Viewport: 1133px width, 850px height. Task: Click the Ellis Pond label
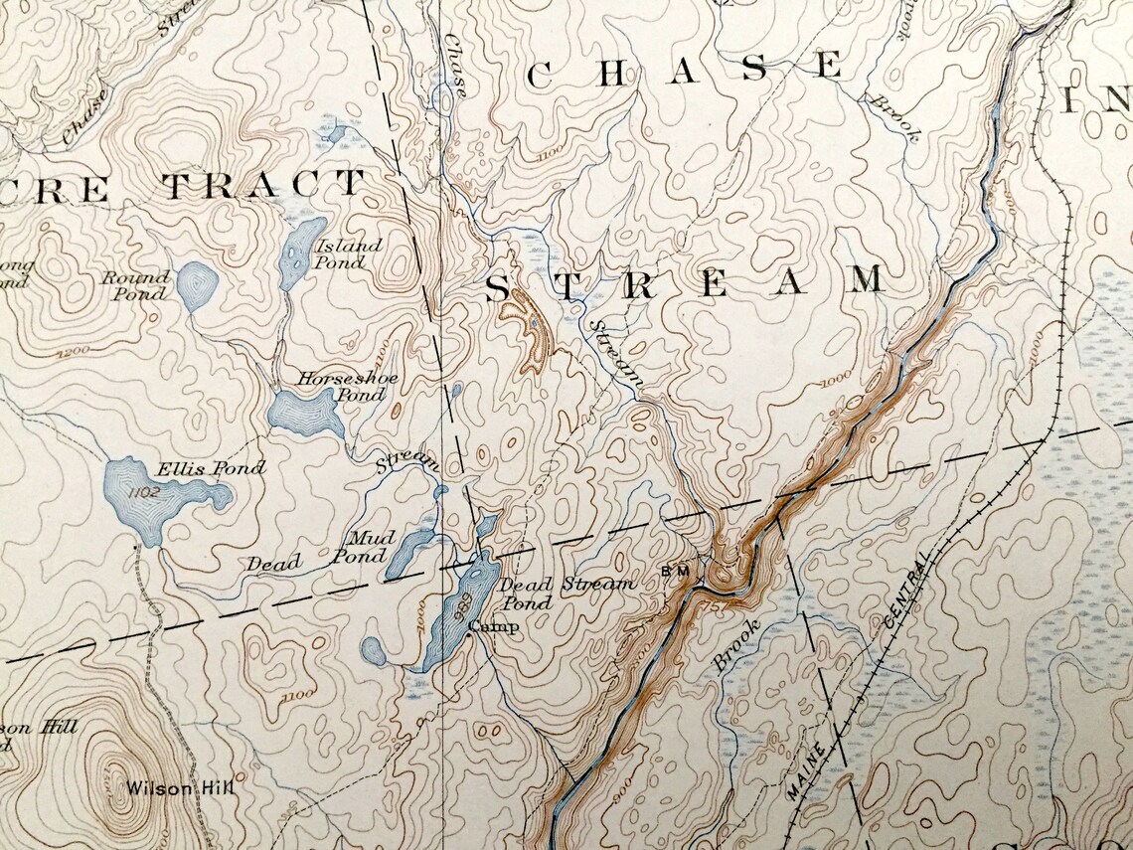[211, 467]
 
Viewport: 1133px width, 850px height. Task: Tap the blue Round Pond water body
[198, 287]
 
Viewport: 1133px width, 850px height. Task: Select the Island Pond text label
[347, 255]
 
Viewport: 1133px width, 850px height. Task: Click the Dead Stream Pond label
[566, 593]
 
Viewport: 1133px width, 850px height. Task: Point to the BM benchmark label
[675, 572]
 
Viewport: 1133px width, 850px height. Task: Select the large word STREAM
[685, 283]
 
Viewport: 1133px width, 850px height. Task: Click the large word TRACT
[264, 185]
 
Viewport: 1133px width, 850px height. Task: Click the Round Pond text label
[135, 285]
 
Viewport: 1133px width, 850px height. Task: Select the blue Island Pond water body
[301, 254]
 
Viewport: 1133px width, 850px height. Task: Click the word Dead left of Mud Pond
[273, 564]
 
